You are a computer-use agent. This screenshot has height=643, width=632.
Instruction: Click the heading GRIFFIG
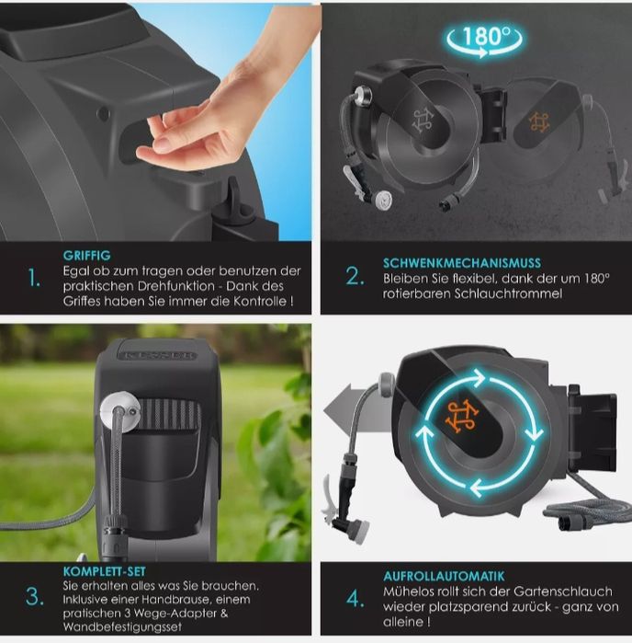tap(87, 256)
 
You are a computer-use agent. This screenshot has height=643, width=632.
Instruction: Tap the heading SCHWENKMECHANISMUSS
tap(462, 263)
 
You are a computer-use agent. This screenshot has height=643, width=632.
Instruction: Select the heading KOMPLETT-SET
tap(105, 571)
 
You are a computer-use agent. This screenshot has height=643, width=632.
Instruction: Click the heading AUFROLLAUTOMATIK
tap(444, 576)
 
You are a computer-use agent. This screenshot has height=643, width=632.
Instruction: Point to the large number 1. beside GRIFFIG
tap(34, 278)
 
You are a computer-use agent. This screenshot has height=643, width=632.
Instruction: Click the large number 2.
tap(355, 276)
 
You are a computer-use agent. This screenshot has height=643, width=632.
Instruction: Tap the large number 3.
tap(35, 597)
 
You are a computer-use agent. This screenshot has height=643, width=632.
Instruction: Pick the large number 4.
tap(355, 599)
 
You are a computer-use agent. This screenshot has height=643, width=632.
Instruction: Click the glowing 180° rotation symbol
tap(484, 40)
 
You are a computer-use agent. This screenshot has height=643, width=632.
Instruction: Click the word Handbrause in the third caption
tap(176, 600)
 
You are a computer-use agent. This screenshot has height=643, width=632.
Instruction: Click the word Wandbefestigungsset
tap(122, 626)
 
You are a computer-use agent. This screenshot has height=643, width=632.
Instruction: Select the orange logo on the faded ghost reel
tap(538, 121)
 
